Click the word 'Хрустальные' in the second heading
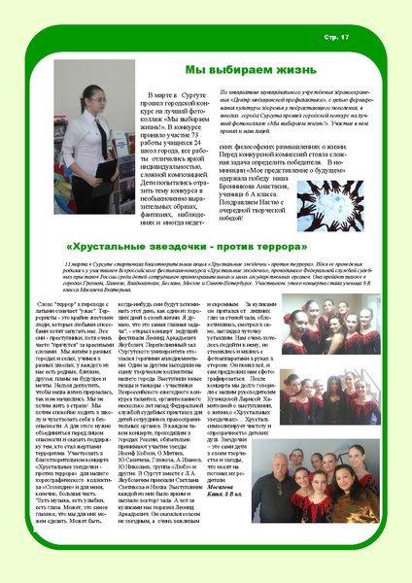112,247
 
